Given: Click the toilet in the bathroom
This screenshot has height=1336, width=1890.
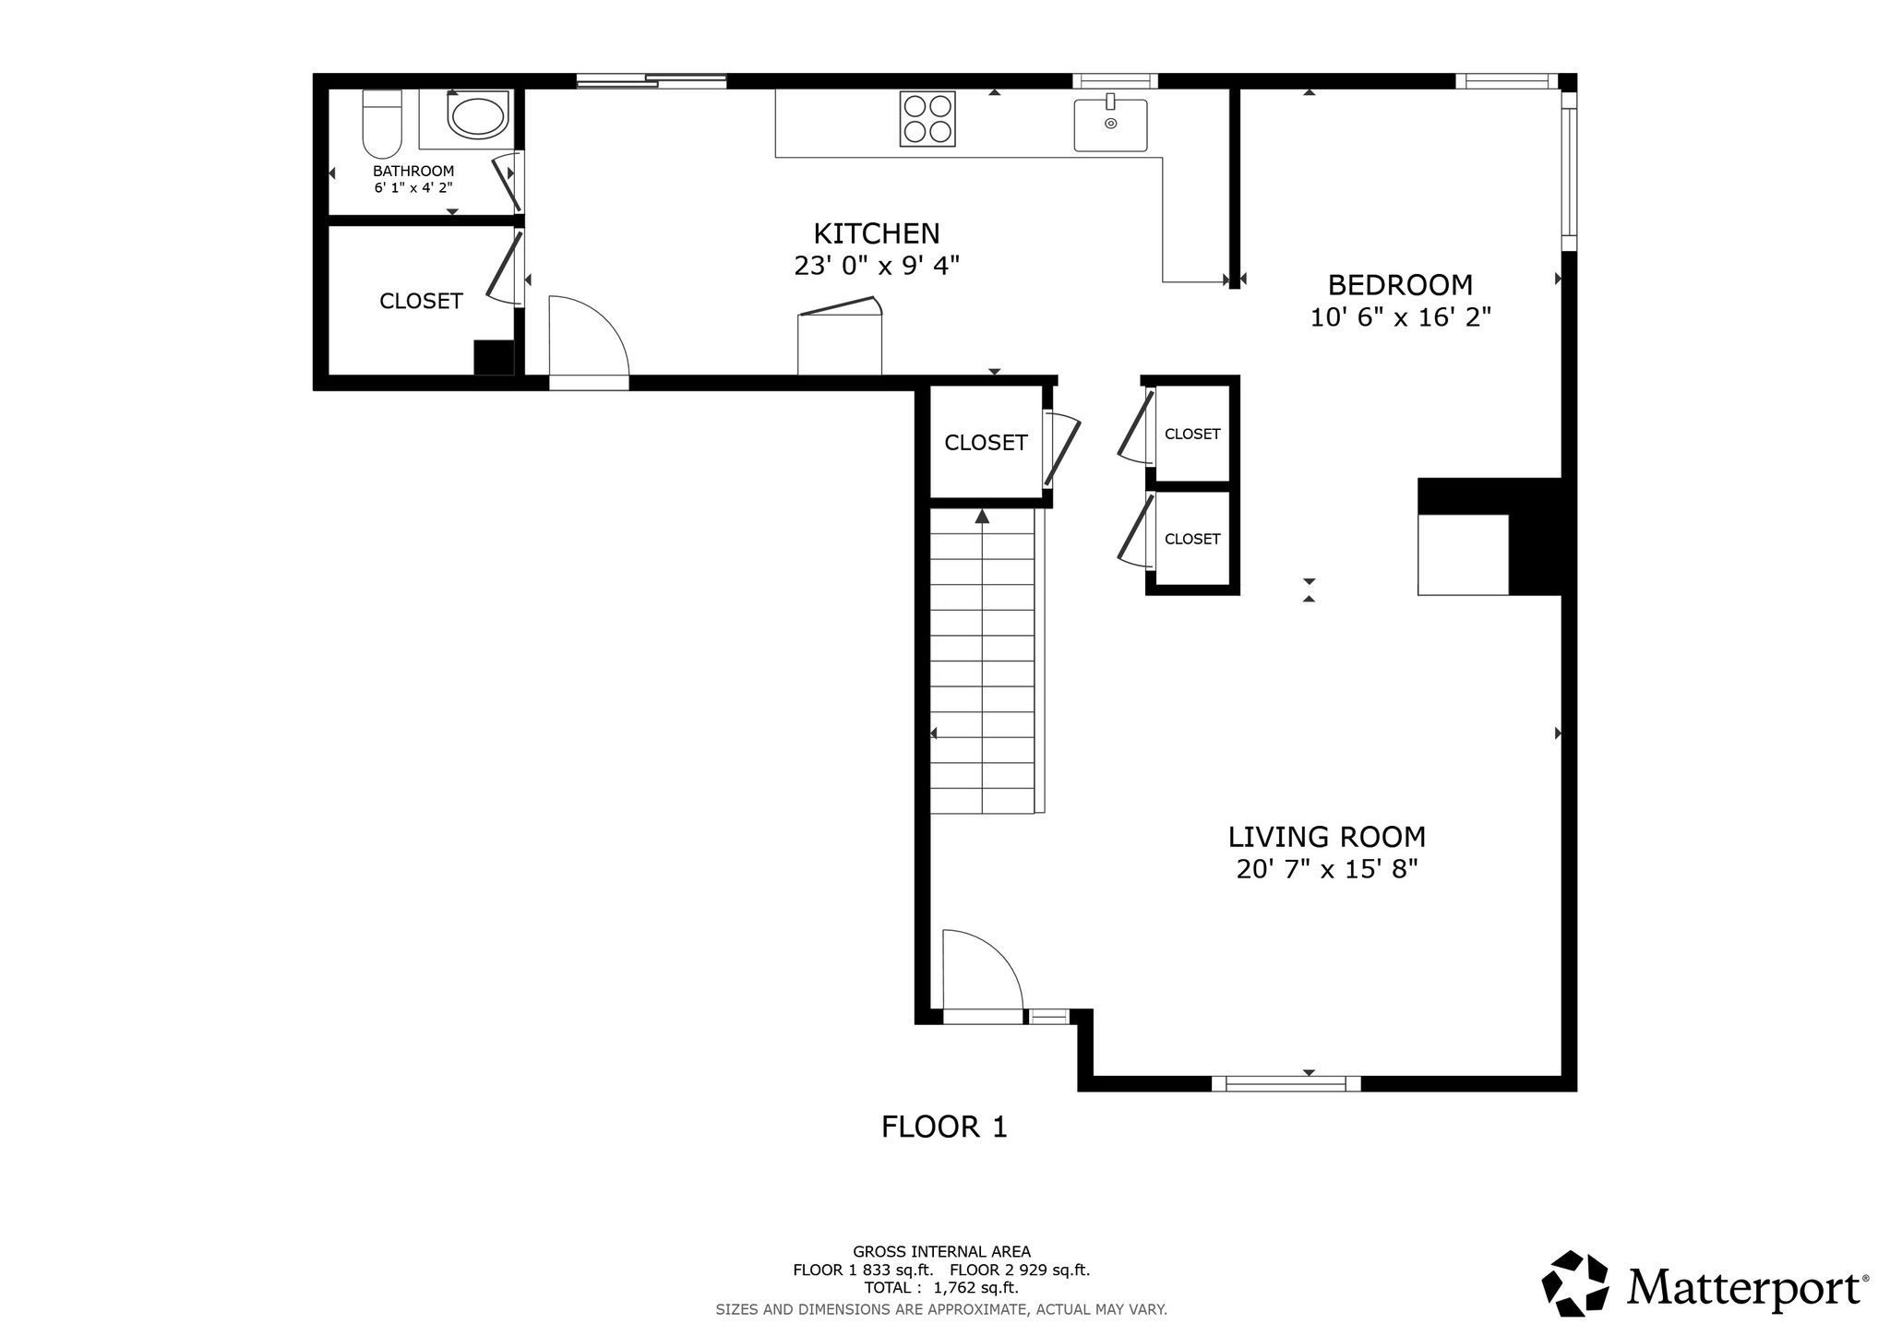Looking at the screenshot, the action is coord(382,125).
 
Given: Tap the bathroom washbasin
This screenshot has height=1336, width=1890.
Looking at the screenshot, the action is coord(477,115).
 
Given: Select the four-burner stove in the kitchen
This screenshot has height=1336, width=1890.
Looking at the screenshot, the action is coord(927,119).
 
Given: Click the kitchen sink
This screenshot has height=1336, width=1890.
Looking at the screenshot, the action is coord(1110,124).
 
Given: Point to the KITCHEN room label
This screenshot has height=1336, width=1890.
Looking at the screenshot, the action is coord(876,233).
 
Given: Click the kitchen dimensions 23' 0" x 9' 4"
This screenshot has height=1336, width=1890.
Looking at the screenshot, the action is coord(877,266).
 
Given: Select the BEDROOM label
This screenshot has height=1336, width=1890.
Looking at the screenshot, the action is coord(1400,284).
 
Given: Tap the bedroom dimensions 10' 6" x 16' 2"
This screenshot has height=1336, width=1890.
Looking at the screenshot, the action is coord(1401,317).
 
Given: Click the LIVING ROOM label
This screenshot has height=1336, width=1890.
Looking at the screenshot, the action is coord(1326,837).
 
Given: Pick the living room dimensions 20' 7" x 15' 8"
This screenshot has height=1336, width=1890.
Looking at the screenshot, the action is coord(1326,869).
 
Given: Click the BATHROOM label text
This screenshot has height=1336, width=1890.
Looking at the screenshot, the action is coord(413,171).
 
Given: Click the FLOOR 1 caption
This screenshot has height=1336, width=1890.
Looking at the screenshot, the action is coord(944,1127).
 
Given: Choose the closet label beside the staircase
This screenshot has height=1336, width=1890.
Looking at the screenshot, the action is coord(986,443).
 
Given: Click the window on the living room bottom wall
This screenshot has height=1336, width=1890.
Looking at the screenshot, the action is coord(1286,1083).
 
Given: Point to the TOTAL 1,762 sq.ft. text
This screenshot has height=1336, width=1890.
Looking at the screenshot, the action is coord(941,1288).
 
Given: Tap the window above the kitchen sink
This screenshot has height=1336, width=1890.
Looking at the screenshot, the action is coord(1115,81).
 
